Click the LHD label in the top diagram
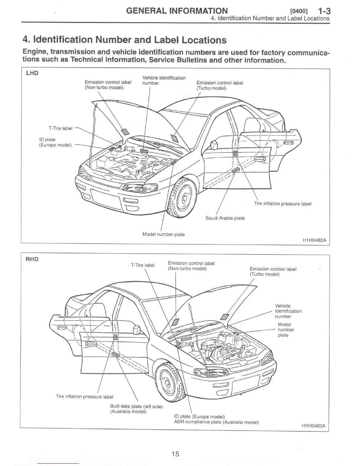tap(32, 73)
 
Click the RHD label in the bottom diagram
tap(32, 259)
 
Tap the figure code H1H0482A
tap(314, 240)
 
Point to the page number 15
tap(175, 454)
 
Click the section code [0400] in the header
tap(299, 11)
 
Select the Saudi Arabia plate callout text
tap(225, 218)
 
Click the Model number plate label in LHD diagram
tap(164, 234)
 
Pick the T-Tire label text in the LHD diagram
tap(60, 128)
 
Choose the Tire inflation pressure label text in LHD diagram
tap(283, 204)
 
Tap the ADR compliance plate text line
tap(216, 422)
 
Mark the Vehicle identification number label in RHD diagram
tap(288, 311)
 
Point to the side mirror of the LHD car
tap(214, 145)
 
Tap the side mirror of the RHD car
tap(136, 329)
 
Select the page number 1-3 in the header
tap(324, 11)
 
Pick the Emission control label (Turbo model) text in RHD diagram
tap(273, 272)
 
